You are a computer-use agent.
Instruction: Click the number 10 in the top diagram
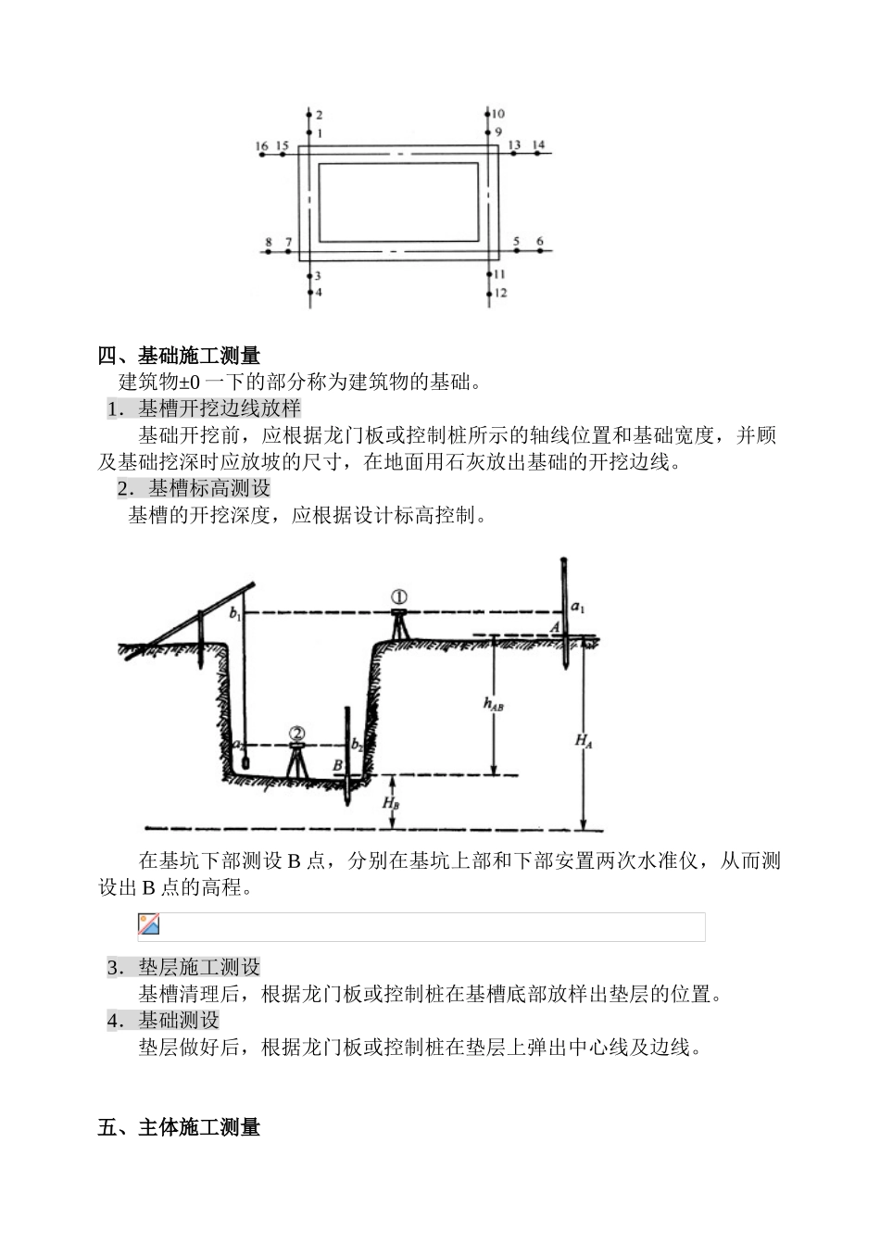pyautogui.click(x=499, y=113)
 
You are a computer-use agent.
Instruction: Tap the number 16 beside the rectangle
pyautogui.click(x=262, y=146)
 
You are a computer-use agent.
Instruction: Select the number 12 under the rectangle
pyautogui.click(x=500, y=293)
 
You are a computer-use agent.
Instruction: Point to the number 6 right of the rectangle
pyautogui.click(x=540, y=242)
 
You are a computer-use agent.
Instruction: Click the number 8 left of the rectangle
pyautogui.click(x=269, y=243)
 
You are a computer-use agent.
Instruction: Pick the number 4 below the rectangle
pyautogui.click(x=318, y=292)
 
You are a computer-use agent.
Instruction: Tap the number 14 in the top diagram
pyautogui.click(x=538, y=145)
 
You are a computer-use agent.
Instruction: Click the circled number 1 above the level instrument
pyautogui.click(x=399, y=597)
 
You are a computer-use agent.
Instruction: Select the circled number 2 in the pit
pyautogui.click(x=296, y=734)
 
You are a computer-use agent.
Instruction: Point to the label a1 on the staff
pyautogui.click(x=577, y=609)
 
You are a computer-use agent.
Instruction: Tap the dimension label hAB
pyautogui.click(x=493, y=704)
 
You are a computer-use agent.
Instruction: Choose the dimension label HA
pyautogui.click(x=584, y=740)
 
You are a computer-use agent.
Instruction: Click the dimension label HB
pyautogui.click(x=392, y=802)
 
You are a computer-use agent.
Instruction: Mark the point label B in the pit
pyautogui.click(x=338, y=765)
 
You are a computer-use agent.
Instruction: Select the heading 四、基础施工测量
pyautogui.click(x=180, y=356)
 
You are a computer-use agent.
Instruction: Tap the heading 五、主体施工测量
pyautogui.click(x=180, y=1127)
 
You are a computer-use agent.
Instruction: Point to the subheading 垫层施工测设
pyautogui.click(x=199, y=967)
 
